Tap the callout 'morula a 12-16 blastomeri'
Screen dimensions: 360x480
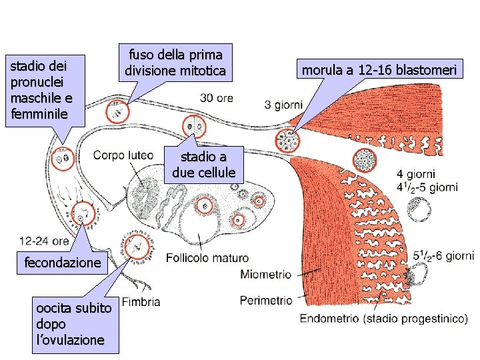click(x=381, y=70)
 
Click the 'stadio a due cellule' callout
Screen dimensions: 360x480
click(x=203, y=165)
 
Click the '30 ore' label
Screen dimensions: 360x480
click(x=216, y=97)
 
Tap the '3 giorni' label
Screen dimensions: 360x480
click(x=283, y=105)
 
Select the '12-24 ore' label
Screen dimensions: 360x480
click(x=44, y=241)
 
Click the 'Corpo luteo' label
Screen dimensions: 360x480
click(x=123, y=155)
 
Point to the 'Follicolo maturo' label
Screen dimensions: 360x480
click(x=207, y=257)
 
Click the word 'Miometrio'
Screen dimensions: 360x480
click(x=265, y=274)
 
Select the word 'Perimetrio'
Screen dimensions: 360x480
click(x=265, y=300)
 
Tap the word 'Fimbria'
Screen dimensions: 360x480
click(x=141, y=302)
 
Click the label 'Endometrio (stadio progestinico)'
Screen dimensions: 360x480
click(x=383, y=319)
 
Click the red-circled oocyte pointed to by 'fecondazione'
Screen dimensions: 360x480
click(x=83, y=214)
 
